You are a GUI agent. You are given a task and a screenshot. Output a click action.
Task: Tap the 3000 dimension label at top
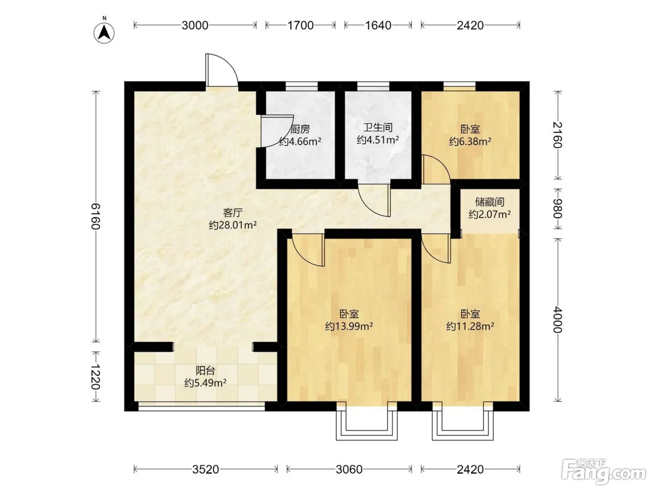point(195,25)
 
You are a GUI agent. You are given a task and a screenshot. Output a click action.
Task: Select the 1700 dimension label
point(300,25)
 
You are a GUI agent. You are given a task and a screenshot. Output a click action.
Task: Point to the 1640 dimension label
point(378,25)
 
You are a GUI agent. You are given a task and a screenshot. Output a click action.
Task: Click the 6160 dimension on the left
point(96,216)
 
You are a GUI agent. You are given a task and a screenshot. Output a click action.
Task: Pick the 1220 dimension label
point(96,377)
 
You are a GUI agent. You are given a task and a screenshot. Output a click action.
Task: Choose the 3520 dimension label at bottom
point(206,469)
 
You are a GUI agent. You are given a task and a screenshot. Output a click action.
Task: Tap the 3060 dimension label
point(349,469)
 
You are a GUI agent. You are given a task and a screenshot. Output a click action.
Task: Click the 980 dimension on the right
point(557,208)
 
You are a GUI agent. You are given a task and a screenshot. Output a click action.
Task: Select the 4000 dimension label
point(557,320)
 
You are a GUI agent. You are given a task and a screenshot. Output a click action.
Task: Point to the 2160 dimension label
point(557,135)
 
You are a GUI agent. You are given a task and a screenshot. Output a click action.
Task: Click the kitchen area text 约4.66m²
point(300,141)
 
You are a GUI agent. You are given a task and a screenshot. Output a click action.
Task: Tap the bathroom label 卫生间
point(378,128)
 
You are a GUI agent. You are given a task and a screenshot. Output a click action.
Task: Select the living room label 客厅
point(233,213)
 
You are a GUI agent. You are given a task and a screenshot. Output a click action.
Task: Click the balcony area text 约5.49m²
point(205,383)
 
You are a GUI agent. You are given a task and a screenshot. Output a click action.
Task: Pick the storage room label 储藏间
point(490,202)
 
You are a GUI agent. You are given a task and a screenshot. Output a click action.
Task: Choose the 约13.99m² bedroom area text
point(349,326)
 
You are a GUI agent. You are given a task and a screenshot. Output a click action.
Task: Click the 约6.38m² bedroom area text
point(470,141)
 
